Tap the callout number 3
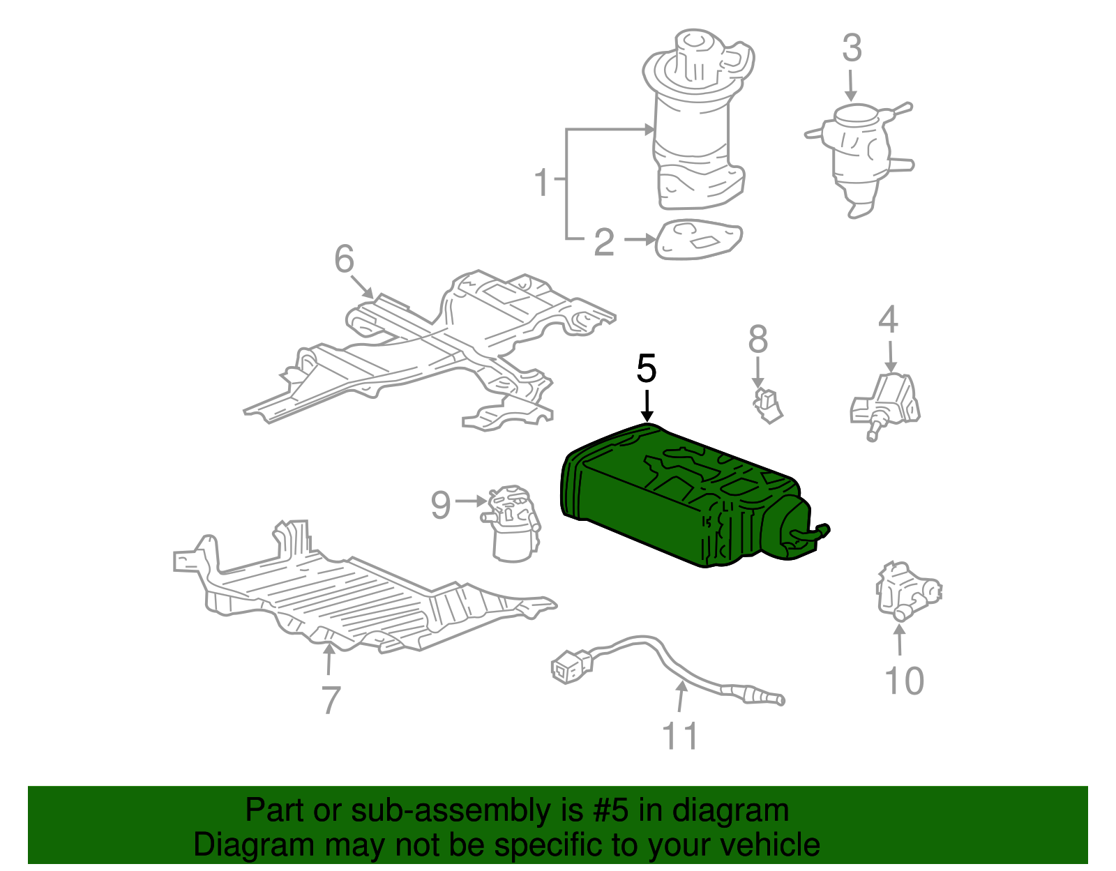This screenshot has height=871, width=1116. tap(852, 49)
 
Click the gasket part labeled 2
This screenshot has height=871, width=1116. tap(697, 241)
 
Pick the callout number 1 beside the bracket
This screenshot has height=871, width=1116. tap(542, 182)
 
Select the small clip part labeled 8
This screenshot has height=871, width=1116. tap(767, 405)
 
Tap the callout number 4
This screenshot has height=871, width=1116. tap(887, 320)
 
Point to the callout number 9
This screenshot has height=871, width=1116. tap(440, 504)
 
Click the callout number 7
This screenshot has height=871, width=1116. tap(331, 699)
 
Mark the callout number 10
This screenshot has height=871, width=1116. tap(904, 681)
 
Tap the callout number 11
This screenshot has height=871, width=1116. tap(679, 736)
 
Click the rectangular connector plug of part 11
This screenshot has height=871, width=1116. tap(571, 667)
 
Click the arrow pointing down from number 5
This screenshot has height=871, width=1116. tap(647, 406)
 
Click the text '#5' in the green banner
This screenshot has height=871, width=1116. tap(611, 810)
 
